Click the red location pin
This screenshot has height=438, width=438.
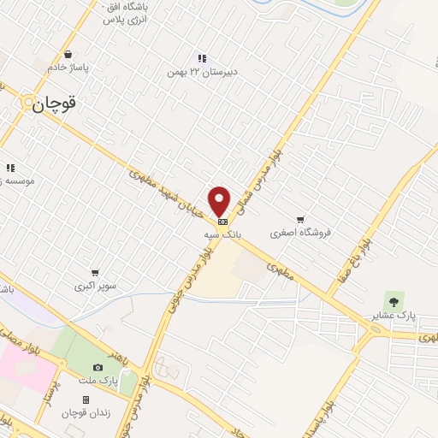coord(220,201)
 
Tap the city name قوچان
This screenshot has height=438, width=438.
coord(55,104)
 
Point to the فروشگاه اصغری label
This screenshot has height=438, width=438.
coord(300,232)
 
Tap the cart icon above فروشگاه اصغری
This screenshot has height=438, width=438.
coord(300,219)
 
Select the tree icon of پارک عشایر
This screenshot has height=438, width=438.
coord(394,300)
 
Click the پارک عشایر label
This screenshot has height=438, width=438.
coord(394,316)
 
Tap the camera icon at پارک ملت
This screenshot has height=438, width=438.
coord(98,368)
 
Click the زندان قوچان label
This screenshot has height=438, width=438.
coord(86,413)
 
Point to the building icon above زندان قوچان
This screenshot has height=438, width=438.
coord(86,400)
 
